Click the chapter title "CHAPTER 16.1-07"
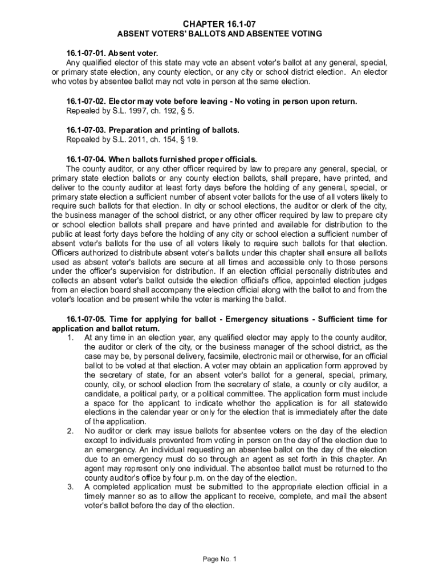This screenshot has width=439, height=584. [219, 24]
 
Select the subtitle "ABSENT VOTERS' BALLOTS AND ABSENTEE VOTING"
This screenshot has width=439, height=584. [219, 34]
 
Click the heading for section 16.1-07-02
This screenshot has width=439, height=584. [212, 102]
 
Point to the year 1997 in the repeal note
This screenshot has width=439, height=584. [127, 111]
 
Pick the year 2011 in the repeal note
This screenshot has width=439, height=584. [127, 140]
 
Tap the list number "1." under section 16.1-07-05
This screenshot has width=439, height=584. [70, 338]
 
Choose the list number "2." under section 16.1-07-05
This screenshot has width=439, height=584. [70, 431]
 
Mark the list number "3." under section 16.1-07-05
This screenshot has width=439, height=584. [70, 487]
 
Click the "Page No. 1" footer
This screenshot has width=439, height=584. [219, 559]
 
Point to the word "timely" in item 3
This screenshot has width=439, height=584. [96, 496]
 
